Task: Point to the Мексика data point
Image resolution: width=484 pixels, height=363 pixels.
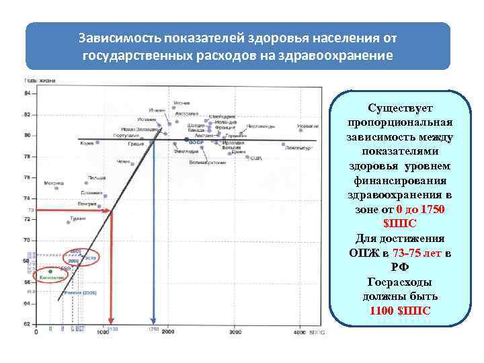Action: [56, 188]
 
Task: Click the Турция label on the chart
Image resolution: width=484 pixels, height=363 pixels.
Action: [77, 220]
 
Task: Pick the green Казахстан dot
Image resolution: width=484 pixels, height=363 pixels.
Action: [50, 272]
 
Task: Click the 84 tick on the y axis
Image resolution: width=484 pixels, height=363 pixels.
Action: [28, 93]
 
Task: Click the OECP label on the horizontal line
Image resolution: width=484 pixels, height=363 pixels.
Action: [196, 143]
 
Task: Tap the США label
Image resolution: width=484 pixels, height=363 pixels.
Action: [256, 158]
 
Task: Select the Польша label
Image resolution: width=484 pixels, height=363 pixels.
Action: [95, 178]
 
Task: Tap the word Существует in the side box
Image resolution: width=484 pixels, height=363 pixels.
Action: [401, 108]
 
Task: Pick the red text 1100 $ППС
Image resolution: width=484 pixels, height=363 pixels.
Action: [401, 311]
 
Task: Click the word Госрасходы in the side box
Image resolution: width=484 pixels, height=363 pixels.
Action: [401, 282]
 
